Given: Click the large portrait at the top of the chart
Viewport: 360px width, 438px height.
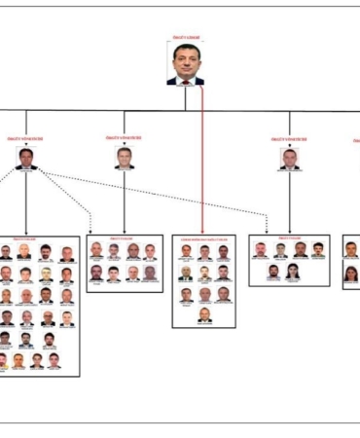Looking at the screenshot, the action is click(185, 65).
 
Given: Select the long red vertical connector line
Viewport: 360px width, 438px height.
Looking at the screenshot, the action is click(202, 156).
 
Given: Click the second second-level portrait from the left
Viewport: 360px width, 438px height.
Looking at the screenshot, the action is click(124, 158).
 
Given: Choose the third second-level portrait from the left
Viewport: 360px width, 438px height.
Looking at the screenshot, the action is click(289, 159).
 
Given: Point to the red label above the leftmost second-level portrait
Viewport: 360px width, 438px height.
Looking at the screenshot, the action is click(26, 140).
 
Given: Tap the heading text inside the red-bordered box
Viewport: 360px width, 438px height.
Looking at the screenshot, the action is click(203, 237).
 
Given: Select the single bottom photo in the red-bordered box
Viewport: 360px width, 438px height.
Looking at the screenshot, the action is click(204, 314).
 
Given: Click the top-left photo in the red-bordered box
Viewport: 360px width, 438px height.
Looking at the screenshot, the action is click(186, 251).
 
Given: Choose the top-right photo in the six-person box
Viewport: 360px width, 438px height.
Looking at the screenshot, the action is click(318, 250).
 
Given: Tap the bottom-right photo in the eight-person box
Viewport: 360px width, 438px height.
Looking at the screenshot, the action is click(150, 273).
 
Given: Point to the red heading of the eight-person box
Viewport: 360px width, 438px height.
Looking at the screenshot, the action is click(124, 237).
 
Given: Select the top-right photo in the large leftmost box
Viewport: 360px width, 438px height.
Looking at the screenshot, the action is click(66, 253).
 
